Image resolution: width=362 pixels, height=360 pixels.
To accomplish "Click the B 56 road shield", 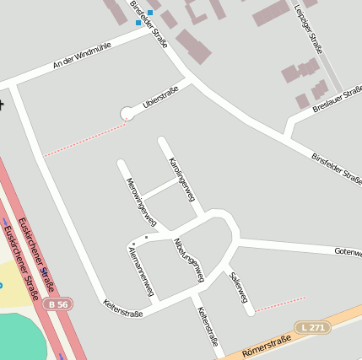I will coord(57,303).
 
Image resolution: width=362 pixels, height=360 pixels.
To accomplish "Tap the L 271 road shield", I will coord(311,325).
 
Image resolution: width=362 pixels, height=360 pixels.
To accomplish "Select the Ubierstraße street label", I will coord(161,97).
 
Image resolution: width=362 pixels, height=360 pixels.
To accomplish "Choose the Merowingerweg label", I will coord(141,202).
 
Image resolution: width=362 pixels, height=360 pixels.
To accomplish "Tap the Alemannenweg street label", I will coord(140,271).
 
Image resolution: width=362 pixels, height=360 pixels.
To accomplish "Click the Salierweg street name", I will coord(238,287).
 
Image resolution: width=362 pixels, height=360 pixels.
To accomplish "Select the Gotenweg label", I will coord(348,251).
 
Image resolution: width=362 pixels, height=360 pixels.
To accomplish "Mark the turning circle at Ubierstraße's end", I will coord(127,113).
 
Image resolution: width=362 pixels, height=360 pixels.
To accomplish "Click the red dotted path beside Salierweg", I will coord(279,304).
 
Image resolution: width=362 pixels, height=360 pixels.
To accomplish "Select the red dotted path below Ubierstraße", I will coord(84,140).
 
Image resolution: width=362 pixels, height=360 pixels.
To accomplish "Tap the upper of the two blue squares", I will coord(150,12).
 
